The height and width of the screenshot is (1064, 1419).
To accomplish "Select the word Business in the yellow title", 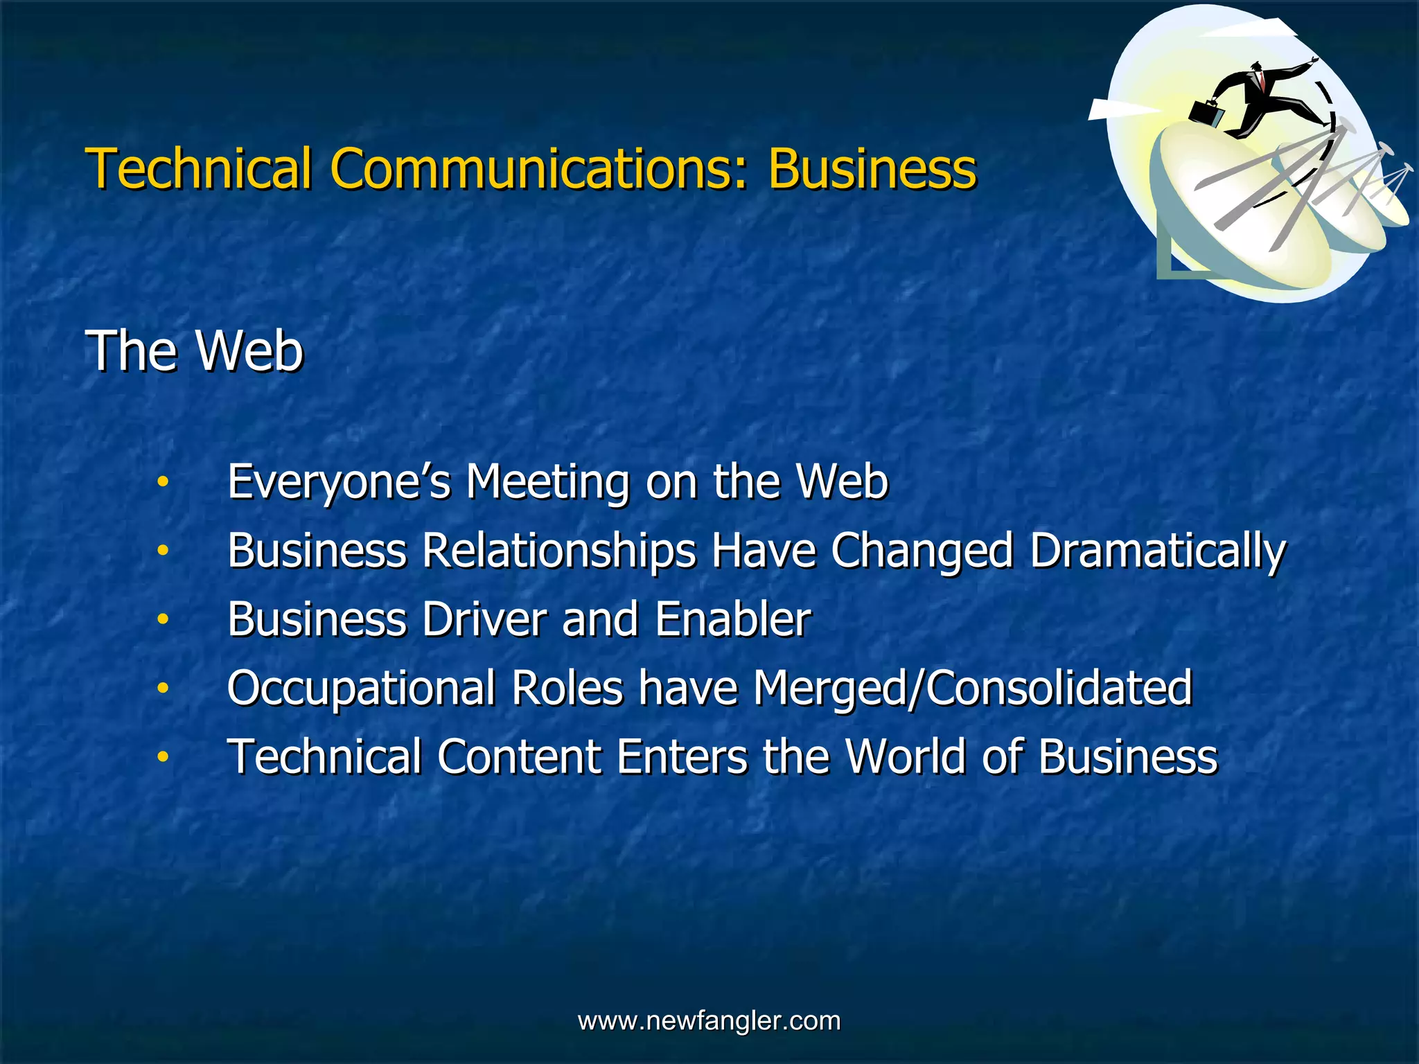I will [872, 168].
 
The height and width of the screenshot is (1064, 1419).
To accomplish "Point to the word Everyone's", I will [339, 482].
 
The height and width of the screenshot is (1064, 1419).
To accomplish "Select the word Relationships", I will [559, 551].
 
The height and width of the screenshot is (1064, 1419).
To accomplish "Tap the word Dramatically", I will [1157, 551].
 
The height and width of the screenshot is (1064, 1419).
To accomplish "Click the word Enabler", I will [732, 619].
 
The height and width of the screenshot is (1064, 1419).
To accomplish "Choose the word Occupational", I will [361, 688].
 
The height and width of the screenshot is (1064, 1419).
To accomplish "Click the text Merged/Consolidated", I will [972, 688].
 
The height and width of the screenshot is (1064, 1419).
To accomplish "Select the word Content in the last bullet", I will [518, 756].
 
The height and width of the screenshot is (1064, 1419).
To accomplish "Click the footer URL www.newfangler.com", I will [709, 1020].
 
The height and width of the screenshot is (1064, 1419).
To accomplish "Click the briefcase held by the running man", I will [1206, 113].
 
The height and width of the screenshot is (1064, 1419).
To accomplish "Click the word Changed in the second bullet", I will [922, 551].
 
